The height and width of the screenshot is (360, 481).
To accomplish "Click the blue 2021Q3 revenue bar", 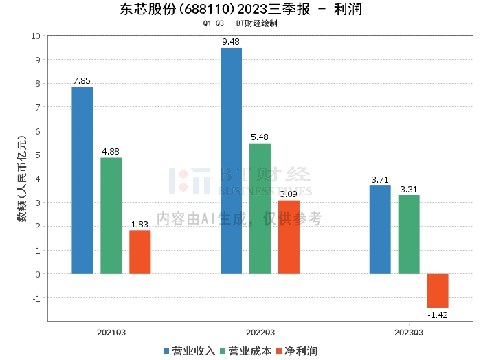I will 82,180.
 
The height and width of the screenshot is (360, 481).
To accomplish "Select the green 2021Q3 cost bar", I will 111,216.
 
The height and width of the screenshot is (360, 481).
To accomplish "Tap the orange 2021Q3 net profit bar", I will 140,252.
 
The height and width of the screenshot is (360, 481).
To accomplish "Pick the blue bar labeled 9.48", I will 231,161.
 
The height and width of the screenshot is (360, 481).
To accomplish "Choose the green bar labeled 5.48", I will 260,208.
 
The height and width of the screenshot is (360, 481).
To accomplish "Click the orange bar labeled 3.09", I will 289,237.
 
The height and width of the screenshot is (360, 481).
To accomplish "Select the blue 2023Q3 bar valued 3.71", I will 380,229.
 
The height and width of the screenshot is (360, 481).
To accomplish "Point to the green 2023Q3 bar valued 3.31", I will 409,234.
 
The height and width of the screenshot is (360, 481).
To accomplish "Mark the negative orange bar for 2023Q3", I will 438,291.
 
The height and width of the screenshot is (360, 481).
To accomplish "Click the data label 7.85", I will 82,81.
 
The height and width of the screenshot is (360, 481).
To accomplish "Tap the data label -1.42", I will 438,315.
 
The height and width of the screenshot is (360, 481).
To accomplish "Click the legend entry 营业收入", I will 189,351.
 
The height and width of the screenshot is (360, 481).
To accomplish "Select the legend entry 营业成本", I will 245,351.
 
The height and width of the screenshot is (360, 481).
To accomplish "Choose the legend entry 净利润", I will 296,351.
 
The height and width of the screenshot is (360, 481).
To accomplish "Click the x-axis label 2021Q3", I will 111,332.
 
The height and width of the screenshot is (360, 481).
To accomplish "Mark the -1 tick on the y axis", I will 37,298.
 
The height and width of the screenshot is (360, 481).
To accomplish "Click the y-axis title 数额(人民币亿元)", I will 22,179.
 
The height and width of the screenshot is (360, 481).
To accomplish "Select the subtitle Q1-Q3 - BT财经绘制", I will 240,23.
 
